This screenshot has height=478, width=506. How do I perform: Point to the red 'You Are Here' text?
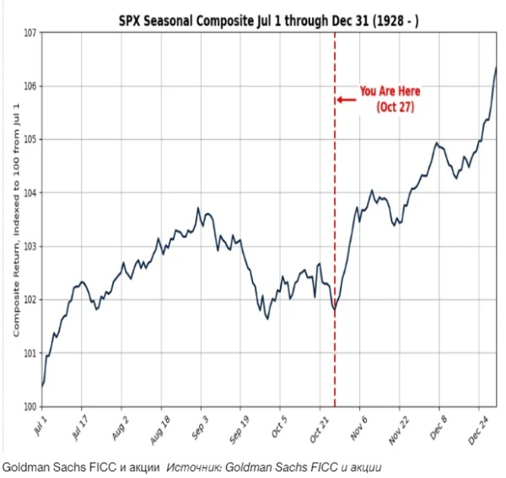pos(390,91)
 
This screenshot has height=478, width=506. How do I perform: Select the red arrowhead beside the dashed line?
pos(341,99)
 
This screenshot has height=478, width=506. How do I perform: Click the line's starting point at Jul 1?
pos(42,386)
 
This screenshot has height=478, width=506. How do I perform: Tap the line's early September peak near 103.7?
pos(198,208)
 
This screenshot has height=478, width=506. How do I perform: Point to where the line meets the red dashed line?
pos(335,309)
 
